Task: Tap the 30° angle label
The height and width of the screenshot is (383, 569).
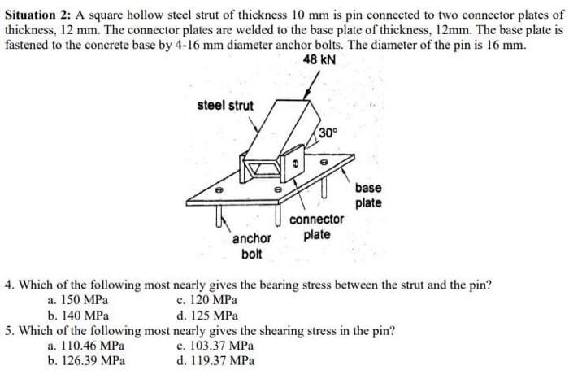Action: coord(327,132)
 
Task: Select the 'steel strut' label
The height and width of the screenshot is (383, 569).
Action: coord(225,106)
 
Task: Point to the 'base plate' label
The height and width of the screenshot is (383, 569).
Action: coord(368,194)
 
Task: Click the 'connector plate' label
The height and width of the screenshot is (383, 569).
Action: coord(316,227)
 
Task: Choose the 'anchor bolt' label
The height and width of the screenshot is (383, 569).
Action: coord(251,246)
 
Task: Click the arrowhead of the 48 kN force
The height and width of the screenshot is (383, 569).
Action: coord(306,96)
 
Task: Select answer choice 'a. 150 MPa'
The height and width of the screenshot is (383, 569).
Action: coord(78,300)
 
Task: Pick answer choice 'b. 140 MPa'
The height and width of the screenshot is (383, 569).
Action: coord(78,315)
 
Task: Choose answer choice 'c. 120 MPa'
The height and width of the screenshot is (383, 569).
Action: coord(207,300)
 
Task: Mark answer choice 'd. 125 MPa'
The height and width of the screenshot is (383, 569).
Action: coord(207,315)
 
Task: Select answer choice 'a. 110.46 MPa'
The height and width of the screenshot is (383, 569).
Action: coord(86,346)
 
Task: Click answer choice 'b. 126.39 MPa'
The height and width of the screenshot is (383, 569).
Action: coord(86,360)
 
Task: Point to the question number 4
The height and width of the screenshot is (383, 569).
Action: coord(8,285)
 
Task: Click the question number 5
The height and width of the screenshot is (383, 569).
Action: coord(8,331)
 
